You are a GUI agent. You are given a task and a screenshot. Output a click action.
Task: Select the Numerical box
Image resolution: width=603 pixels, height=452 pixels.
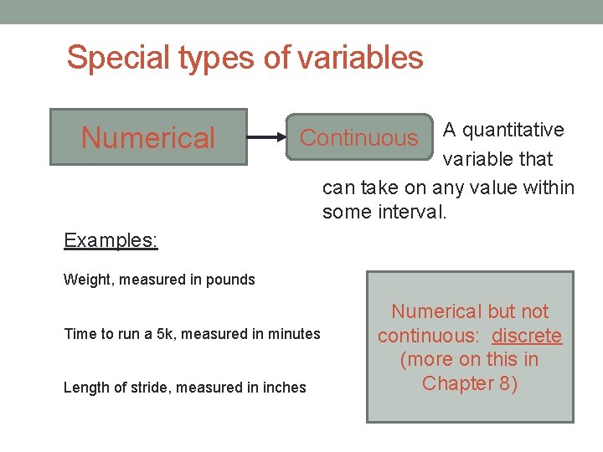148,137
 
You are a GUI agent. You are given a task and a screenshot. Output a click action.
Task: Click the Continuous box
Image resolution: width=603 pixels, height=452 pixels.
358,137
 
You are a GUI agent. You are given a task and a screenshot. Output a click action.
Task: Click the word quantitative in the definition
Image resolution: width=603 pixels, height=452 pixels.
513,130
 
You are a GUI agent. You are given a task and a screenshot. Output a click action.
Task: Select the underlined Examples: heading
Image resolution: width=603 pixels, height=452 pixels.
111,241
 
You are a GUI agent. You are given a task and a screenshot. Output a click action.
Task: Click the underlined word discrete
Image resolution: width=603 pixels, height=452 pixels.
527,336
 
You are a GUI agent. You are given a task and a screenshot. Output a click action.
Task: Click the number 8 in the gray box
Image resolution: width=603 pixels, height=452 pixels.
505,383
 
